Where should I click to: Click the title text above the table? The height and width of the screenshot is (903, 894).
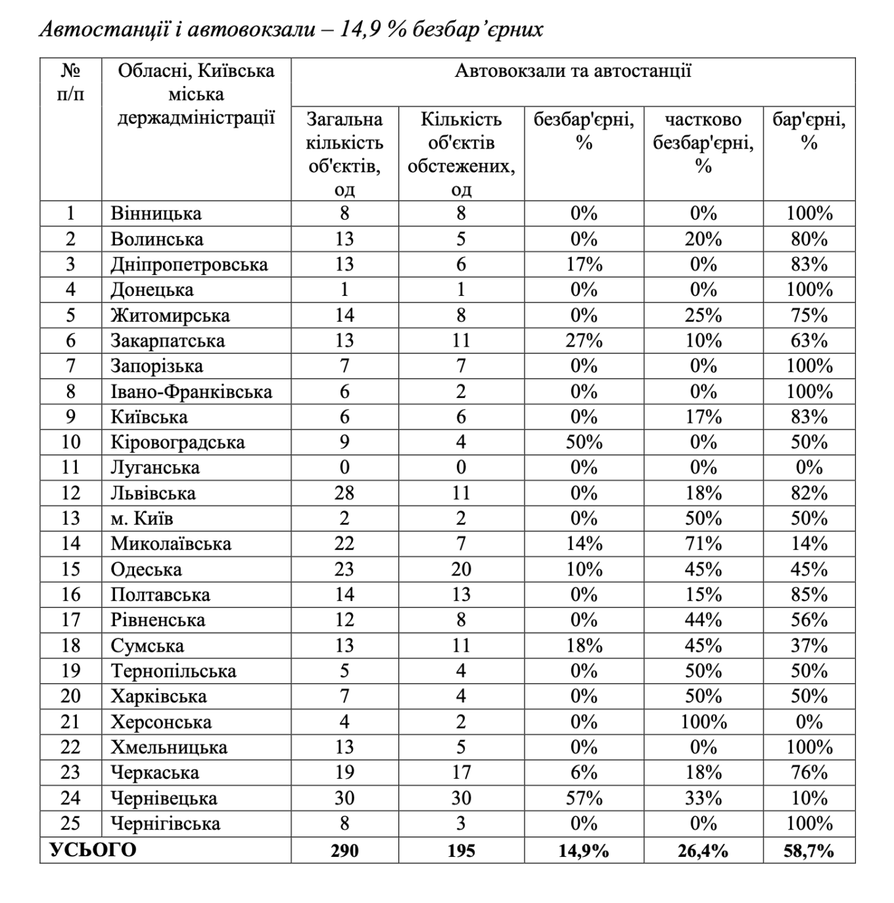pyautogui.click(x=291, y=30)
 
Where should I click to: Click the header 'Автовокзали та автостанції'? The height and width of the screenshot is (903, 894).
pyautogui.click(x=573, y=71)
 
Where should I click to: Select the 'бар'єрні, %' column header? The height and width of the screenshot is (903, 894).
pyautogui.click(x=809, y=131)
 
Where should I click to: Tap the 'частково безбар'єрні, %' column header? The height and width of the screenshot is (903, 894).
pyautogui.click(x=703, y=142)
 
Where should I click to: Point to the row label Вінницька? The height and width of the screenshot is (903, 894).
pyautogui.click(x=156, y=214)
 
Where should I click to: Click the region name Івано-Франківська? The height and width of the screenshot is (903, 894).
pyautogui.click(x=191, y=392)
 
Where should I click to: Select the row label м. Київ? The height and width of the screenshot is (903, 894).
pyautogui.click(x=142, y=518)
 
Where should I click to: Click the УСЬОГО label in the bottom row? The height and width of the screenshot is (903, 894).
pyautogui.click(x=93, y=850)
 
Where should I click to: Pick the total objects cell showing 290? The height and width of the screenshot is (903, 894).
pyautogui.click(x=344, y=850)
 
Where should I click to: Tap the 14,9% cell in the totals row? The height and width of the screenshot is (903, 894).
pyautogui.click(x=584, y=850)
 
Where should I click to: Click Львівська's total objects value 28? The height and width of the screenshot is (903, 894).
pyautogui.click(x=344, y=493)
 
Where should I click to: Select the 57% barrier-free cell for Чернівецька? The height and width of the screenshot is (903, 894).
pyautogui.click(x=584, y=798)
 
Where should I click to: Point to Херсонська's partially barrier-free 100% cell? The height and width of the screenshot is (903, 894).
pyautogui.click(x=703, y=722)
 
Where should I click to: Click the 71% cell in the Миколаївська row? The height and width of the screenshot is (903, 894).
pyautogui.click(x=703, y=544)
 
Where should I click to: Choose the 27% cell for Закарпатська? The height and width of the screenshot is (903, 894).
pyautogui.click(x=584, y=341)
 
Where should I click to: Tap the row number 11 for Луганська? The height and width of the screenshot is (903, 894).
pyautogui.click(x=70, y=468)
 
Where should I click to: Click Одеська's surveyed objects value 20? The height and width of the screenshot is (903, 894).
pyautogui.click(x=461, y=570)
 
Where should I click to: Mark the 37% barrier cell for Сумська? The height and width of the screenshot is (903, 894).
pyautogui.click(x=809, y=646)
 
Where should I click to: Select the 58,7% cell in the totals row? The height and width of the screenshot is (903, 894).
pyautogui.click(x=809, y=850)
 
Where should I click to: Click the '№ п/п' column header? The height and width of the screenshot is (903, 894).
pyautogui.click(x=70, y=82)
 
